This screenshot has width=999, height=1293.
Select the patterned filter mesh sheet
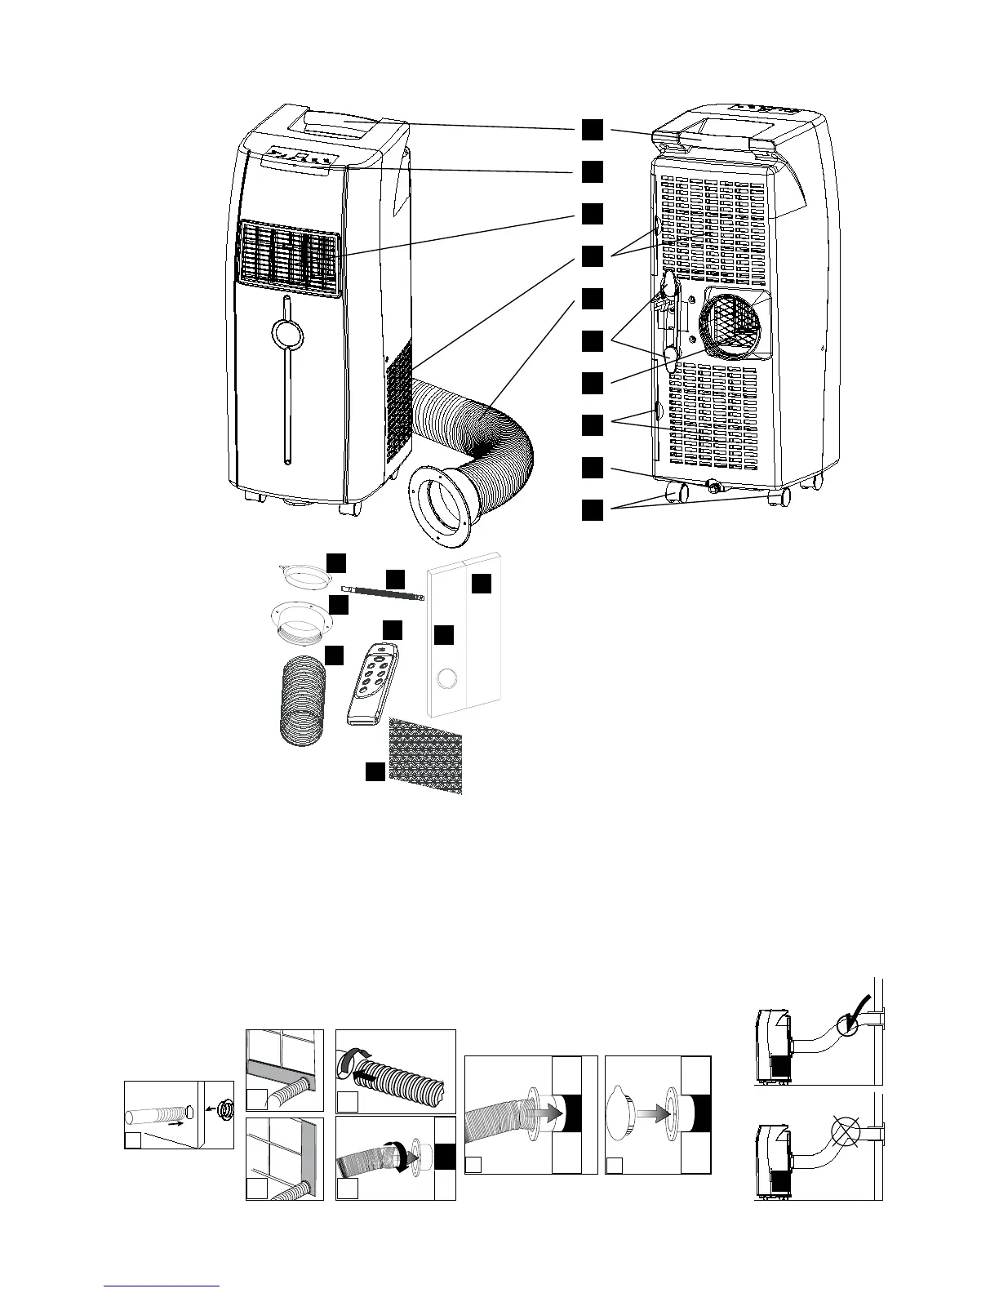[426, 756]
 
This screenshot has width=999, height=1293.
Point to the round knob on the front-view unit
[286, 332]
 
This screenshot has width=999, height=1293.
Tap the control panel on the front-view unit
[296, 159]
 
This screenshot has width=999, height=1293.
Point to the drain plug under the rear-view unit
[716, 487]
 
